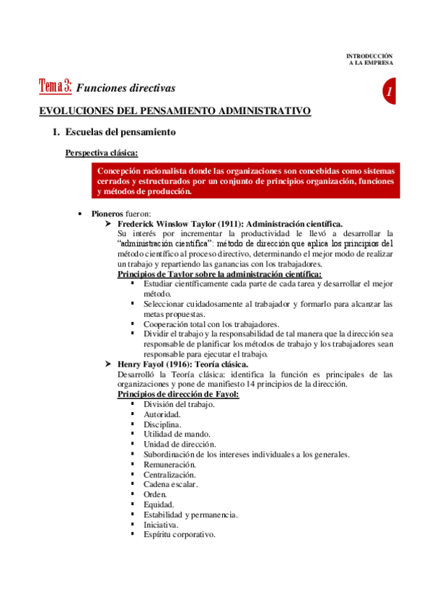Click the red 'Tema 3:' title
55,87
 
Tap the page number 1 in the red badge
389,92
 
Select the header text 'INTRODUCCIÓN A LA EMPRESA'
369,58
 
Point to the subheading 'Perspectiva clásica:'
102,152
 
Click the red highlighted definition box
245,181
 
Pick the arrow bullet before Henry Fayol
110,364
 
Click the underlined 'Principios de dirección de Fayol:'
177,394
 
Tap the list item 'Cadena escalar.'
170,484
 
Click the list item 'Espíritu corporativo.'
180,535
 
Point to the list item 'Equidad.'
159,504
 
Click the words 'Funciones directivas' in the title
125,88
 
